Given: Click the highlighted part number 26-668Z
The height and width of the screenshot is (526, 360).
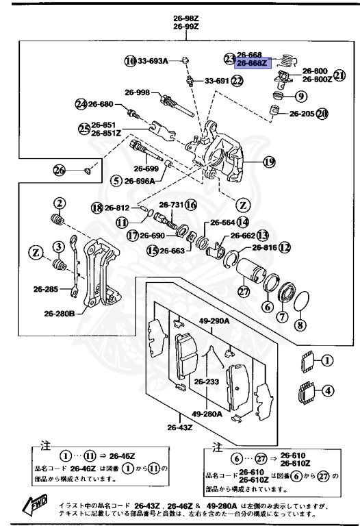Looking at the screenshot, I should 253,64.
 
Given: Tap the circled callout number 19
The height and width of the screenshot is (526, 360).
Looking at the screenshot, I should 268,162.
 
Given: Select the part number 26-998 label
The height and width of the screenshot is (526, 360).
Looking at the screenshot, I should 137,92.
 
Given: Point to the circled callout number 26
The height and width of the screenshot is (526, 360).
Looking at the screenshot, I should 60,170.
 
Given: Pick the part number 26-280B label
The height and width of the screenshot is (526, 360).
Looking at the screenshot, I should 61,314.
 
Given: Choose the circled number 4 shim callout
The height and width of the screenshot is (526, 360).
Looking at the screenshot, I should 328,392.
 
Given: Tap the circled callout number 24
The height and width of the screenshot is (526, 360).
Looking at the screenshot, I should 82,104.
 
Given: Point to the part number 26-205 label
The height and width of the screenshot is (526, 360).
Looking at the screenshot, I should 302,114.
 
